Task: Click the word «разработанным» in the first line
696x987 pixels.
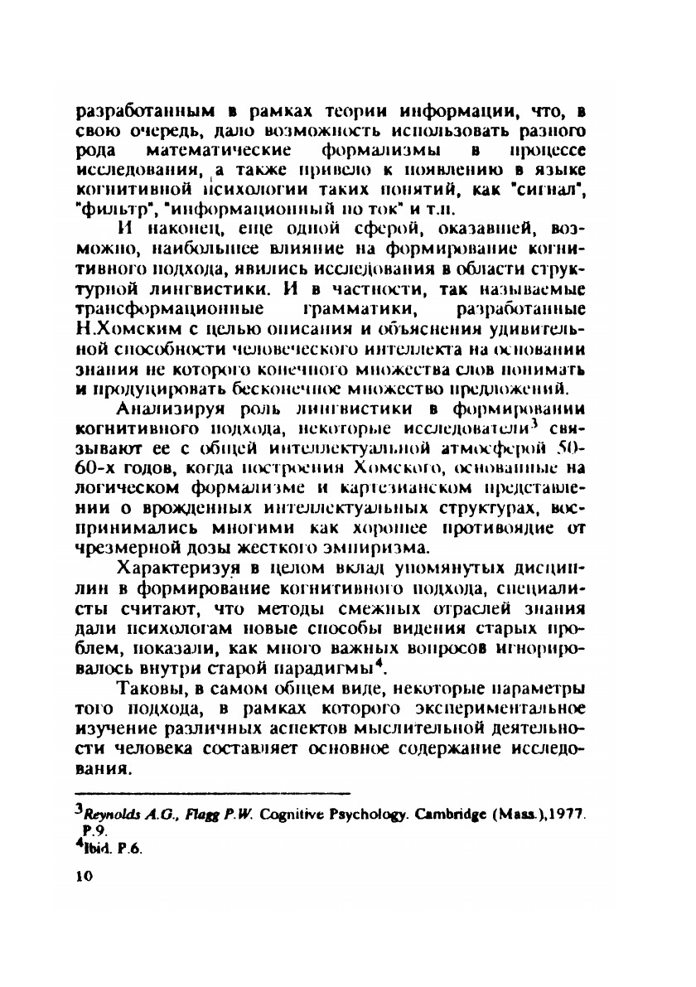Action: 137,110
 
